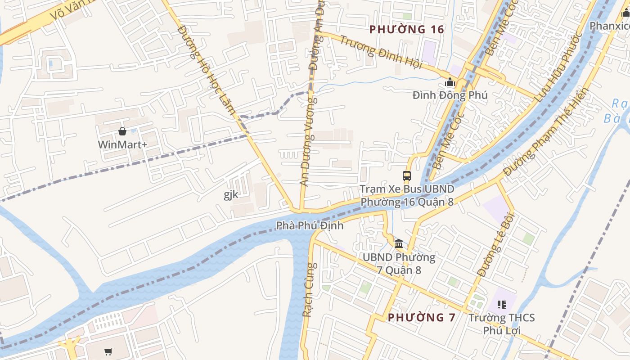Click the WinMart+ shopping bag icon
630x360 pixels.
tap(122, 131)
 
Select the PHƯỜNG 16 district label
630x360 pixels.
tap(406, 30)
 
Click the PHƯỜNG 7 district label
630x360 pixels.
tap(422, 317)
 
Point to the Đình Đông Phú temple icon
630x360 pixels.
tap(450, 82)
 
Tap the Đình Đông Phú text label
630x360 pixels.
tap(450, 95)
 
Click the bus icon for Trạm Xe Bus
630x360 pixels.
tap(407, 176)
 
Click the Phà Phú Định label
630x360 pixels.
tap(310, 225)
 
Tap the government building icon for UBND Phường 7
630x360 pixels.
tap(399, 244)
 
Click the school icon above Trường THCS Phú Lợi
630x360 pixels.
tap(502, 305)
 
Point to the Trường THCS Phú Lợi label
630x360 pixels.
tap(502, 324)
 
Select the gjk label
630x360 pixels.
tap(231, 195)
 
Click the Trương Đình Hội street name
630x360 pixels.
tap(381, 52)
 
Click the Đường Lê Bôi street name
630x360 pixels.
tap(495, 244)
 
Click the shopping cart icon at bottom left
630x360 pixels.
tap(108, 351)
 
